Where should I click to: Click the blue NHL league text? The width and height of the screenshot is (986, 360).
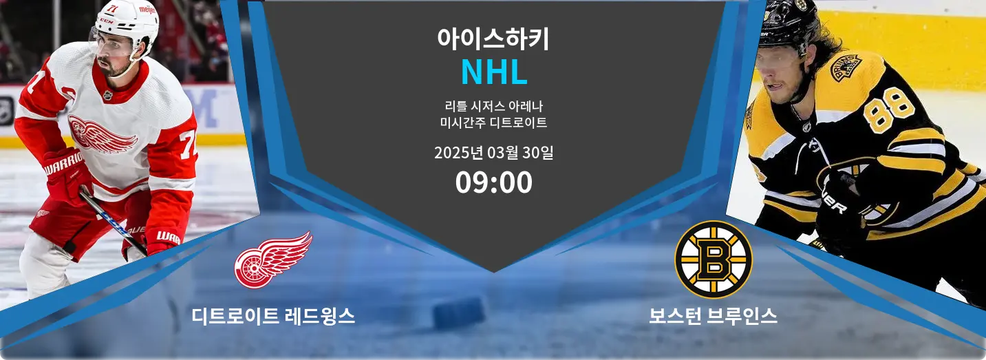(494, 72)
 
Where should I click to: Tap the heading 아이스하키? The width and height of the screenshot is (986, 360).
(493, 39)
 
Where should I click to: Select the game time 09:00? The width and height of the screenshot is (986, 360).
(493, 182)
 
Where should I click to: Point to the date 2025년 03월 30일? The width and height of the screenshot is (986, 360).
(493, 153)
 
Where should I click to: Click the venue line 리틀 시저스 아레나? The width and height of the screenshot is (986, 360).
(493, 106)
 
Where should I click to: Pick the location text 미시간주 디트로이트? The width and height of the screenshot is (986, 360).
(493, 123)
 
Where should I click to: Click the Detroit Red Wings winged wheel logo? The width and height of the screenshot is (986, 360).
(273, 260)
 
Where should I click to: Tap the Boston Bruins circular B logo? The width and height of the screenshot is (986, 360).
(714, 260)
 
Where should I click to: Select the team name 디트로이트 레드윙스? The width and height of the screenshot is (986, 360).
(273, 316)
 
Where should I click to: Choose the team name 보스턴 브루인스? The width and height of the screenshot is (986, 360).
(713, 316)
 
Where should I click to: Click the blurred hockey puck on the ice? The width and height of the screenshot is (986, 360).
(459, 313)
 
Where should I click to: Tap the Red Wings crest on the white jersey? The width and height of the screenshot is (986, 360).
(102, 134)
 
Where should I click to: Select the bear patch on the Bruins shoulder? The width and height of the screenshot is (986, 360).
(846, 67)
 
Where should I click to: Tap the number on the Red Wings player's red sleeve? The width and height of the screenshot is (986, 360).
(188, 145)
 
